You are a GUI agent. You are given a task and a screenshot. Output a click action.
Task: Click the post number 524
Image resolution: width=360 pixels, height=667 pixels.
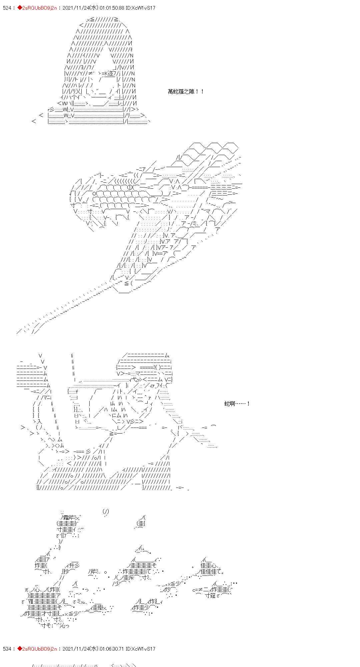tap(7, 8)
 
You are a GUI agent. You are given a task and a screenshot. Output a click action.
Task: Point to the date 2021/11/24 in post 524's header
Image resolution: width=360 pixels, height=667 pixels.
tap(73, 8)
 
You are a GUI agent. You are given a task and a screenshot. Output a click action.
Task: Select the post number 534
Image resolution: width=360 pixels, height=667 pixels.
tap(7, 649)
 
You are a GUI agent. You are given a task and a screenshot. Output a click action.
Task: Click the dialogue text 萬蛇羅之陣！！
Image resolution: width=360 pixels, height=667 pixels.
tap(186, 91)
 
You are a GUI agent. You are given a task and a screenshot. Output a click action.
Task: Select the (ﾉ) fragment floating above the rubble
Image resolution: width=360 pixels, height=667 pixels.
tap(106, 511)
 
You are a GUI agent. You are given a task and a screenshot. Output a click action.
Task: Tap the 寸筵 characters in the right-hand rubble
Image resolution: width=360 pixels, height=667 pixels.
tap(210, 596)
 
